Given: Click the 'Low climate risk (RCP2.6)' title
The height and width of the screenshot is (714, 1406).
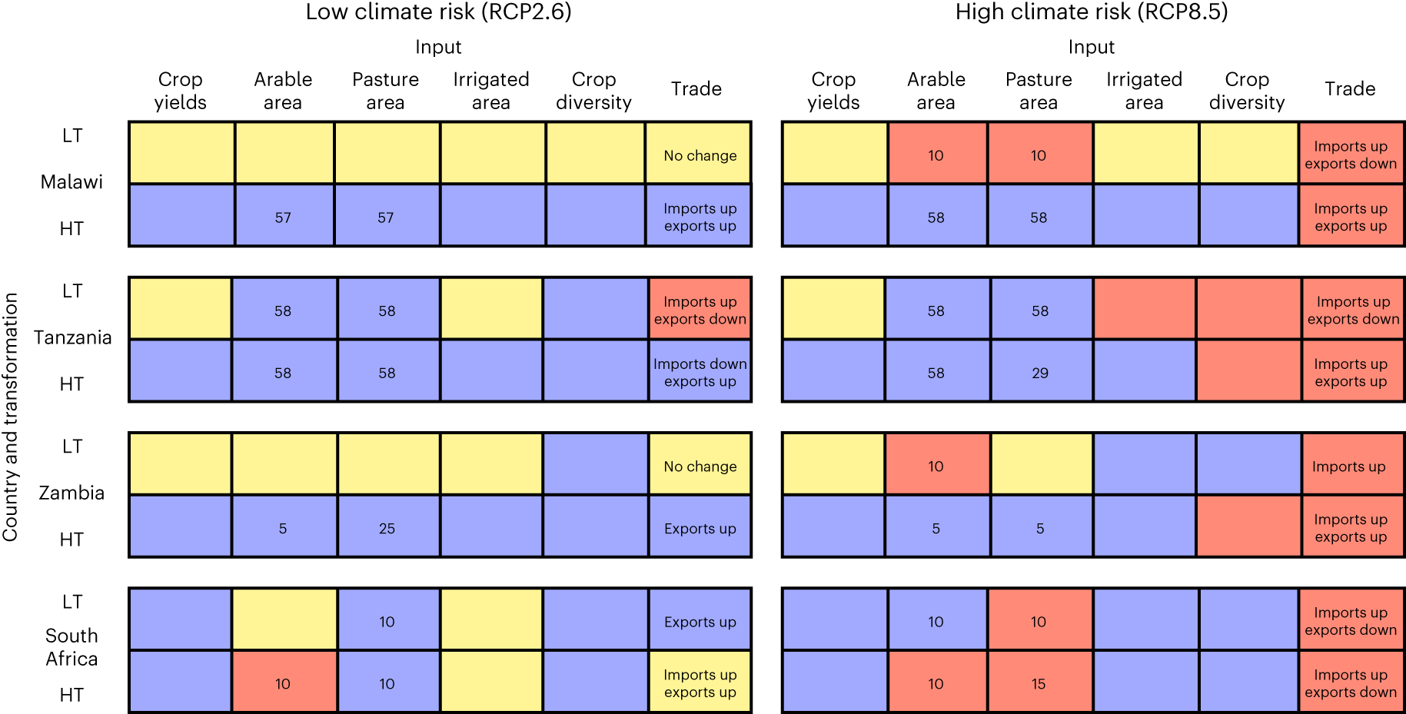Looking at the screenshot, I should pos(438,12).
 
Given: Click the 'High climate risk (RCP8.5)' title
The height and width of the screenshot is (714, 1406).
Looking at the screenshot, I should pos(1092,12).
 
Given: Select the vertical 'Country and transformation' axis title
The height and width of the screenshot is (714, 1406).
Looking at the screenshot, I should pos(10,417).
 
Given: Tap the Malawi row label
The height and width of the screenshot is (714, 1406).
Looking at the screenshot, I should pos(71,182).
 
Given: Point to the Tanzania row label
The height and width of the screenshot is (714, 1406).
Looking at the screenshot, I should pos(72,337).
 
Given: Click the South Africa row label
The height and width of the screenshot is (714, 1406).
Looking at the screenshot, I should pos(71,647).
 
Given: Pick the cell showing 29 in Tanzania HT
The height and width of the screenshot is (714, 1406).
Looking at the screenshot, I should pos(1040,373).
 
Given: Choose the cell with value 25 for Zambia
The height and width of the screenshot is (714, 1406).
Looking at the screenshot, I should pos(387,528).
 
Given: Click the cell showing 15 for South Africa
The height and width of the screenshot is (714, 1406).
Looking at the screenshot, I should pos(1039,683).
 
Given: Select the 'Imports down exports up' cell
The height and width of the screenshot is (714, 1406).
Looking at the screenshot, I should pos(700,372).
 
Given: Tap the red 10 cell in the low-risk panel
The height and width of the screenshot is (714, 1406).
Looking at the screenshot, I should pos(283,683).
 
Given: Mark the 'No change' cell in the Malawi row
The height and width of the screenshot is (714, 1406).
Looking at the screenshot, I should pos(700,155).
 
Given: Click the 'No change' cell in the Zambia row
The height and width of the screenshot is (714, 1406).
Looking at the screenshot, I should pos(700,466).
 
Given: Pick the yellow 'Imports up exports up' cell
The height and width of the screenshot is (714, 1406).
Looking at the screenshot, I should pos(700,683).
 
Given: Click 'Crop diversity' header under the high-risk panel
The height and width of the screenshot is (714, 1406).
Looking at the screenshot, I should pos(1246,91).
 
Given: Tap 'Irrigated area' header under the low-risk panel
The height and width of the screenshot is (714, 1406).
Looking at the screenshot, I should pos(490,91).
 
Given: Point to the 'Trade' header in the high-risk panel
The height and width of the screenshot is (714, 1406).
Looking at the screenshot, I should pos(1349,88).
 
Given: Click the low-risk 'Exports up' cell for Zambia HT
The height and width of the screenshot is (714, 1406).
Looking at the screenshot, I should pos(700,528).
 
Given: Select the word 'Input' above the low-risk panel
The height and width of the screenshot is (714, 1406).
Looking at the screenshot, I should pos(438,47).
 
